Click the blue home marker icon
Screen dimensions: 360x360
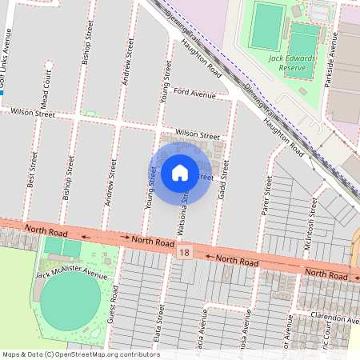click(180, 172)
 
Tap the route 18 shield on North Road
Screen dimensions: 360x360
click(186, 253)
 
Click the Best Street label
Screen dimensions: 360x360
click(31, 170)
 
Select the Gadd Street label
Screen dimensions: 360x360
click(226, 180)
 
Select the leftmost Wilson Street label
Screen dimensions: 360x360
click(32, 114)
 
